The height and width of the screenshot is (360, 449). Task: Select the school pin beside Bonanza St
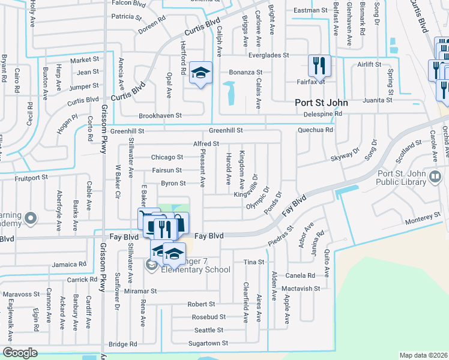click(x=200, y=73)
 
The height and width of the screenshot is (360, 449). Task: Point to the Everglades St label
click(x=263, y=55)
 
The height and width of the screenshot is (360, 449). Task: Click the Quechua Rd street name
click(x=315, y=130)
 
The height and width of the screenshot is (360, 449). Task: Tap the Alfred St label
click(x=206, y=144)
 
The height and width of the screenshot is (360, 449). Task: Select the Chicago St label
click(x=167, y=157)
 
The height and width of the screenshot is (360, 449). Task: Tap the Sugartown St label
click(x=208, y=343)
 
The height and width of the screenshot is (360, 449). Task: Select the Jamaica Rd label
click(x=69, y=264)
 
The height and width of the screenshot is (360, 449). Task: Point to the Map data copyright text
click(x=423, y=355)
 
